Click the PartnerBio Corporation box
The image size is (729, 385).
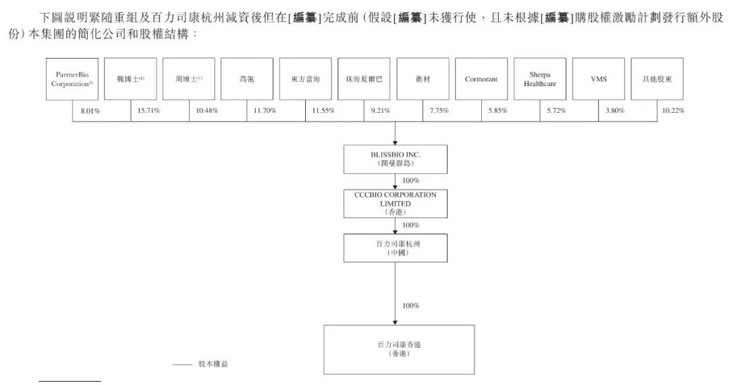point(72,79)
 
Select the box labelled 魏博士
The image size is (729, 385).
point(130,79)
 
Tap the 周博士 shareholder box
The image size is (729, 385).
point(189,79)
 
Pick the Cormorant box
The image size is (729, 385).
point(481,79)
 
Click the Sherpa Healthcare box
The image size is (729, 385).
point(540,79)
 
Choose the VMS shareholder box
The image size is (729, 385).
point(598,79)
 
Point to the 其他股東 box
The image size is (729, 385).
point(657,79)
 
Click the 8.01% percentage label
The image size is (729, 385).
point(90,111)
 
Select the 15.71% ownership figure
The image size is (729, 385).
point(148,111)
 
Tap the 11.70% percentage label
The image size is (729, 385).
point(265,111)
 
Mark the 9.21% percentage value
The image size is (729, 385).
point(380,111)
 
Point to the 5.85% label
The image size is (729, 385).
point(498,111)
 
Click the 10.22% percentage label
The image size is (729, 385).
point(673,111)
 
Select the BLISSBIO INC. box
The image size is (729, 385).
point(396,159)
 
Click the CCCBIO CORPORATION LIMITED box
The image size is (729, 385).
point(396,204)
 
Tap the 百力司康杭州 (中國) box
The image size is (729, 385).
point(396,249)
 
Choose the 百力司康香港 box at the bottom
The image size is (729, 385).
point(399,350)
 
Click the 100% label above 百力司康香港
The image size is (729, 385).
point(410,305)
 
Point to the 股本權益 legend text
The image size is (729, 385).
point(213,364)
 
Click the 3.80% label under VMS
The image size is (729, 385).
point(615,111)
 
